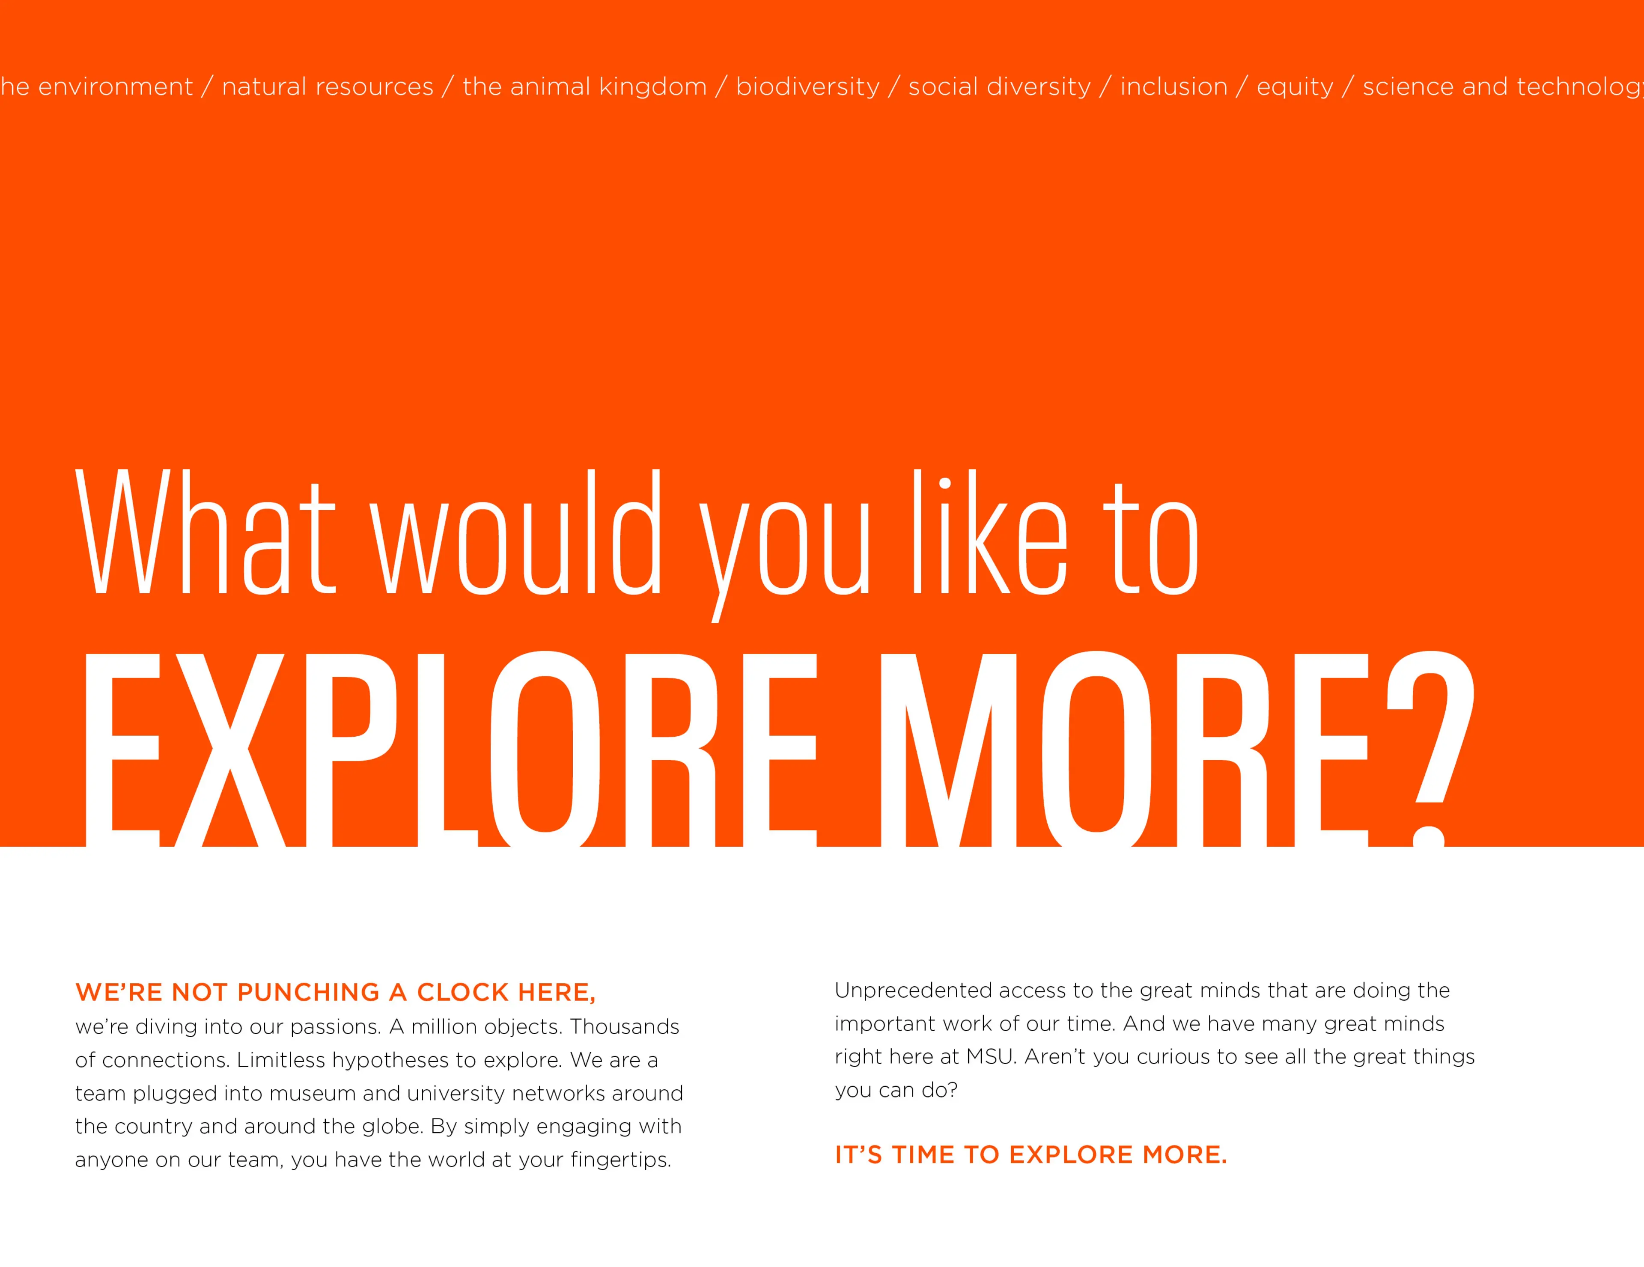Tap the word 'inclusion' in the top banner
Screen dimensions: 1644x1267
[1173, 86]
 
